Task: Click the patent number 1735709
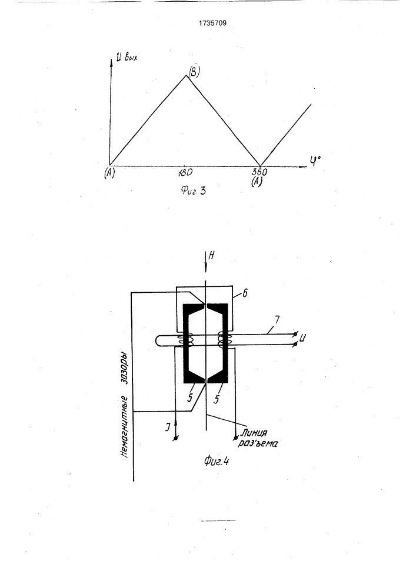point(212,24)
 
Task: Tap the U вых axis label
point(127,58)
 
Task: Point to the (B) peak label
point(194,71)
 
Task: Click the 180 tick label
point(185,172)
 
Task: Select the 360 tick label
point(259,172)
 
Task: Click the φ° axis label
point(315,162)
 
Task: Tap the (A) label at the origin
point(109,173)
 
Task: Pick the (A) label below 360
point(257,182)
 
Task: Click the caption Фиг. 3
point(193,191)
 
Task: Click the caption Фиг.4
point(217,460)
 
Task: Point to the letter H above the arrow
point(212,256)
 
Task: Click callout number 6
point(245,293)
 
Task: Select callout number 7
point(277,320)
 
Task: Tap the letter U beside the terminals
point(303,339)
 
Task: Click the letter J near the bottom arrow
point(168,427)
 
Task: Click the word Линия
point(254,433)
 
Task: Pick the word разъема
point(258,443)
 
